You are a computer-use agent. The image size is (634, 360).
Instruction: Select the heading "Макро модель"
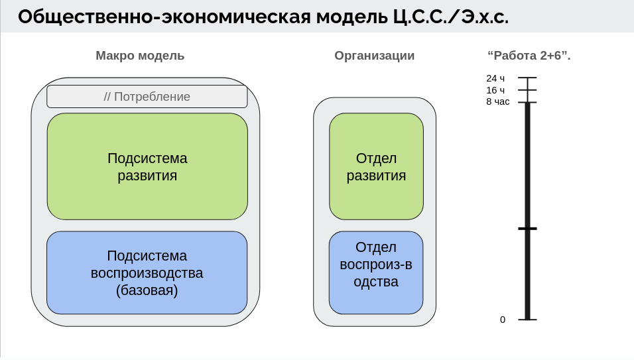tap(140, 56)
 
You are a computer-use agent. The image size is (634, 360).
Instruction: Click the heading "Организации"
tap(375, 56)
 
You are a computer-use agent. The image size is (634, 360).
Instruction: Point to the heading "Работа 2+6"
tap(529, 56)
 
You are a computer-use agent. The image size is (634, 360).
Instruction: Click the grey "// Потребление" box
tap(147, 97)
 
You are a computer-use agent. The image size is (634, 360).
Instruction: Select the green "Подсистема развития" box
tap(147, 166)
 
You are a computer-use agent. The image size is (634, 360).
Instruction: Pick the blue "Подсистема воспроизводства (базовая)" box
tap(147, 272)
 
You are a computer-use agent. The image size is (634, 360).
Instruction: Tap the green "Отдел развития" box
tap(376, 166)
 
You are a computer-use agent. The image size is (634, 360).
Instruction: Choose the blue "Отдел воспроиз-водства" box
tap(376, 272)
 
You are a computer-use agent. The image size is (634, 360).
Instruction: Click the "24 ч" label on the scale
tap(495, 78)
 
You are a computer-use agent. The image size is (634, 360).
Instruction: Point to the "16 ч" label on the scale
tap(495, 90)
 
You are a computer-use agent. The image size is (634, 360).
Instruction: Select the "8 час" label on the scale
tap(497, 102)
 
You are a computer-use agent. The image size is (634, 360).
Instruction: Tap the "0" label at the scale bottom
tap(503, 320)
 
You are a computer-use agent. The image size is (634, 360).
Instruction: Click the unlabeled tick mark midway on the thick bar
tap(527, 228)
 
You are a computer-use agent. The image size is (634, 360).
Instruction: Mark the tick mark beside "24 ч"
tap(527, 78)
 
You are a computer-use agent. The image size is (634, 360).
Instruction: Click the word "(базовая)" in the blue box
tap(147, 290)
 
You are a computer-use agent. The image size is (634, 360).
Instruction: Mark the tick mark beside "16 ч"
tap(527, 90)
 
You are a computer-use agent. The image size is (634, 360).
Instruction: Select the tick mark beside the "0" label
tap(527, 320)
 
